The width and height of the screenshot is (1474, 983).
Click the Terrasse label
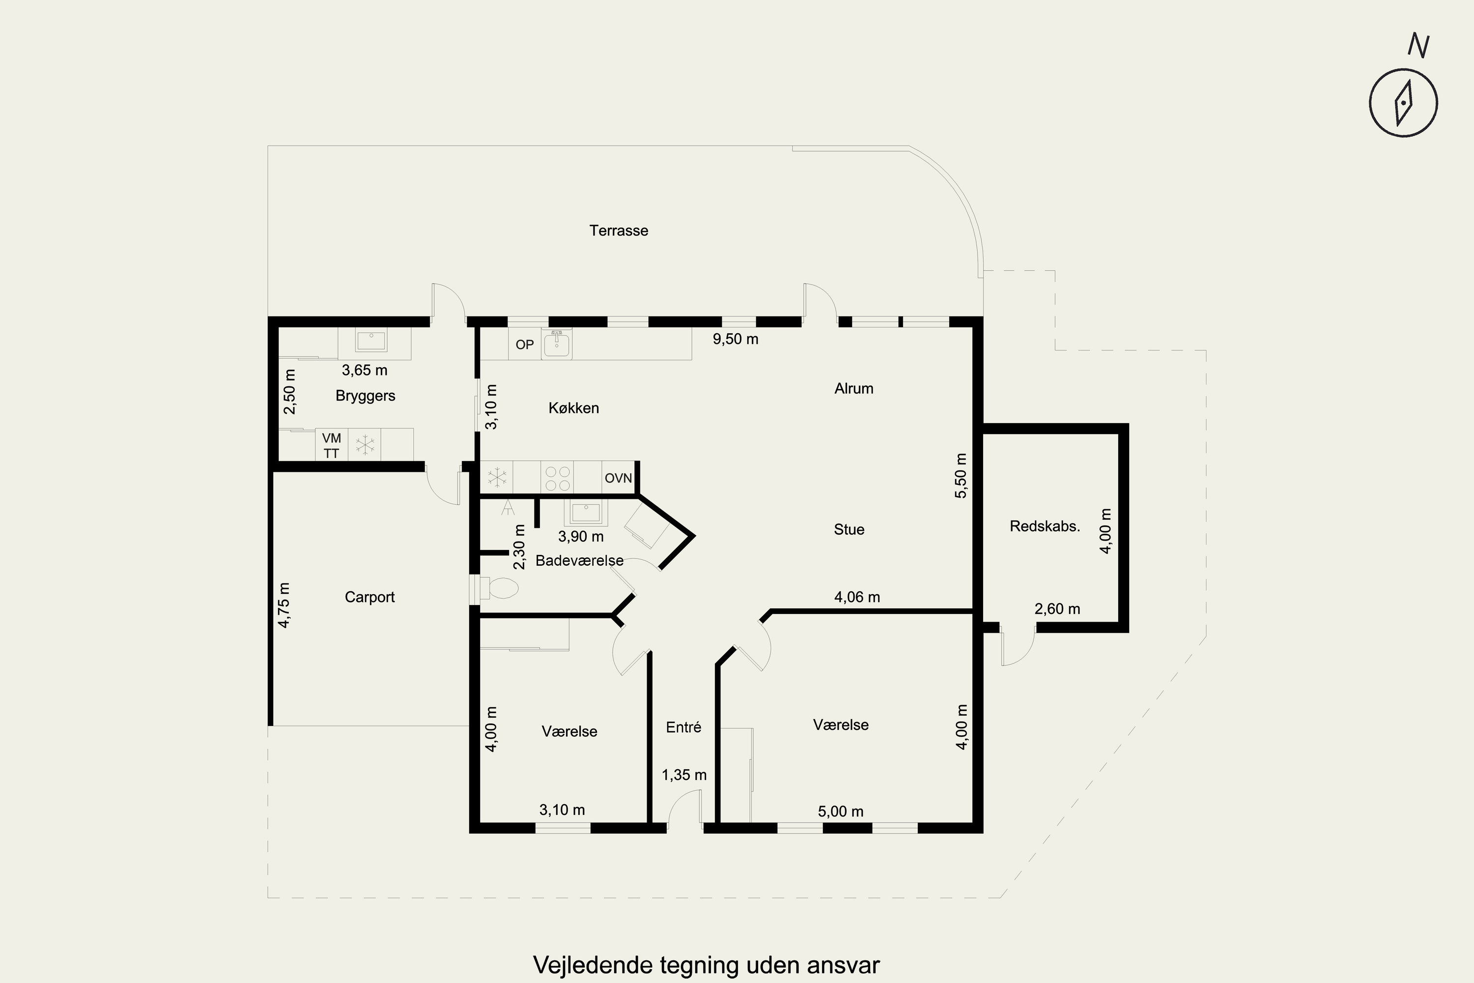pyautogui.click(x=619, y=231)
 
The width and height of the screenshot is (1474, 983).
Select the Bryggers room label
pyautogui.click(x=366, y=396)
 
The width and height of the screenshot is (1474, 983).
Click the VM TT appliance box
pyautogui.click(x=332, y=445)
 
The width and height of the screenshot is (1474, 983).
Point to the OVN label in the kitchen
pyautogui.click(x=618, y=478)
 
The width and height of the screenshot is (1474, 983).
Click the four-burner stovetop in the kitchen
pyautogui.click(x=557, y=478)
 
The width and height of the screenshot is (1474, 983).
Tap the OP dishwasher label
pyautogui.click(x=525, y=345)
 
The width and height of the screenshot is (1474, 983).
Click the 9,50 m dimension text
pyautogui.click(x=736, y=339)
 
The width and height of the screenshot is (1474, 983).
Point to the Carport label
pyautogui.click(x=370, y=597)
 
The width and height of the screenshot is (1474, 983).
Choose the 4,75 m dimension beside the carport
pyautogui.click(x=284, y=605)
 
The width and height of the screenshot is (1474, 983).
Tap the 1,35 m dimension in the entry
pyautogui.click(x=684, y=776)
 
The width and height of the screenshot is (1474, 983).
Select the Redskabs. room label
pyautogui.click(x=1045, y=526)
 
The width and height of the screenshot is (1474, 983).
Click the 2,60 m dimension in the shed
pyautogui.click(x=1057, y=609)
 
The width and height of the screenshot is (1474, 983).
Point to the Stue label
pyautogui.click(x=849, y=530)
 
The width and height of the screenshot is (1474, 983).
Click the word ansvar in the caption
pyautogui.click(x=844, y=965)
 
